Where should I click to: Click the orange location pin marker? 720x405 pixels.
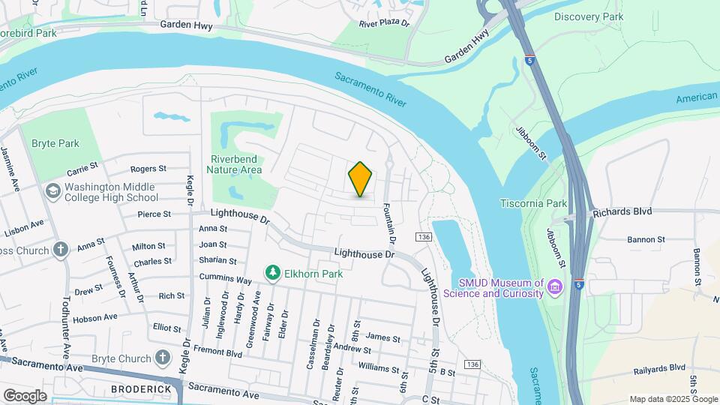tap(361, 179)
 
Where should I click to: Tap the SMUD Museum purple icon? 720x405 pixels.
tap(555, 286)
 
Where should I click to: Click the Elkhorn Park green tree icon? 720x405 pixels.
tap(272, 274)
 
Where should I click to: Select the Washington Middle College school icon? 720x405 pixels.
tap(52, 192)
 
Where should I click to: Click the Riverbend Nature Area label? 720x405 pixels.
tap(236, 164)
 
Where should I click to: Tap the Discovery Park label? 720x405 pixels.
tap(588, 16)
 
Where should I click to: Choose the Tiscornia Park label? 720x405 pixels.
tap(533, 203)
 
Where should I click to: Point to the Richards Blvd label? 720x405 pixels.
tap(622, 212)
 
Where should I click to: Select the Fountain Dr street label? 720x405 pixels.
tap(389, 204)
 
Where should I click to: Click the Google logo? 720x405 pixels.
tap(25, 395)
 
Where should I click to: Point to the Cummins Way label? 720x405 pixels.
tap(225, 279)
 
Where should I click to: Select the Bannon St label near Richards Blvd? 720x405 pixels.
tap(646, 239)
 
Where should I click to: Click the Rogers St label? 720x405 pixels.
tap(148, 169)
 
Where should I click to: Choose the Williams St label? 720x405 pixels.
tap(379, 368)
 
